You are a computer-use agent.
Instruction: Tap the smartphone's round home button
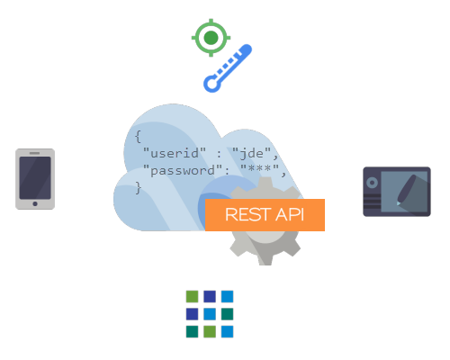pos(35,203)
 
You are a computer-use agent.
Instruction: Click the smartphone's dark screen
pos(35,177)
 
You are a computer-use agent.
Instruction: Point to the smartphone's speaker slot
pos(34,153)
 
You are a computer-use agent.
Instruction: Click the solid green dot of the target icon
pos(211,38)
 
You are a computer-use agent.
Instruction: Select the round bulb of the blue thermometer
pos(212,84)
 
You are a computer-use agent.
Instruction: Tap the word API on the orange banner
pos(290,214)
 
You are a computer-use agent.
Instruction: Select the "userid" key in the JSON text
pos(175,153)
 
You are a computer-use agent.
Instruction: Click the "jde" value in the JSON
pos(252,153)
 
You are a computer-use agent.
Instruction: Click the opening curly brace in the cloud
pos(138,137)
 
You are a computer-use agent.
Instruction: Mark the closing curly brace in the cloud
pos(138,188)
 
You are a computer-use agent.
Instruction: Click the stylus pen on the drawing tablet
pos(407,190)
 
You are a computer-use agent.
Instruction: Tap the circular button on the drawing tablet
pos(372,183)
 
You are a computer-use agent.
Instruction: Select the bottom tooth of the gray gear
pos(265,260)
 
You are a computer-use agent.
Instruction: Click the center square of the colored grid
pos(210,314)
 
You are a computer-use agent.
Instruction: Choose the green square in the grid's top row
pos(192,296)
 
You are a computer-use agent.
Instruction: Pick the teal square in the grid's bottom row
pos(192,332)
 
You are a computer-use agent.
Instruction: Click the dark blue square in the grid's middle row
pos(192,314)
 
